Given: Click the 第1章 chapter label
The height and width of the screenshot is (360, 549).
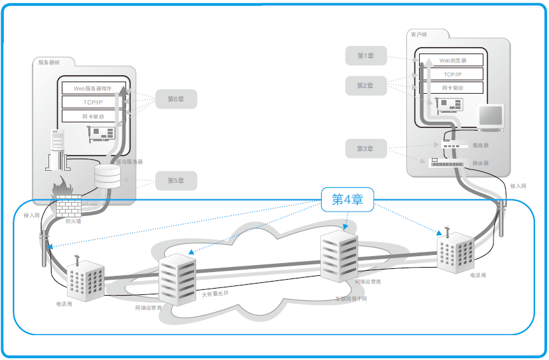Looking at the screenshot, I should pyautogui.click(x=366, y=56).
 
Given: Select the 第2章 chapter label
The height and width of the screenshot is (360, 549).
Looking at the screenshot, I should pyautogui.click(x=366, y=85).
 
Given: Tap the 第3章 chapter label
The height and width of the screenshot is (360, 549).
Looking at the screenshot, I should pyautogui.click(x=366, y=148).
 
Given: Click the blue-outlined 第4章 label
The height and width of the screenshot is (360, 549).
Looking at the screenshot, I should pyautogui.click(x=347, y=199).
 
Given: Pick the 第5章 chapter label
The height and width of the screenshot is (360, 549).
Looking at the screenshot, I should pyautogui.click(x=176, y=181).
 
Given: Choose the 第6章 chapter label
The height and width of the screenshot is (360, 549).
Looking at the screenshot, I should pyautogui.click(x=176, y=99).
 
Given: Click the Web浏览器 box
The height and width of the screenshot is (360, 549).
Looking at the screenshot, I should pyautogui.click(x=453, y=61).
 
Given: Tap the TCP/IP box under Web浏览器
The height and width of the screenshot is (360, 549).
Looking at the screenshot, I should pyautogui.click(x=453, y=75).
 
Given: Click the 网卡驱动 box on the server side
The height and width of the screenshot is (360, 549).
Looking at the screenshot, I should pyautogui.click(x=93, y=116).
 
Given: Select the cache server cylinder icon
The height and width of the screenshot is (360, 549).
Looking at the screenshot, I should pyautogui.click(x=107, y=176).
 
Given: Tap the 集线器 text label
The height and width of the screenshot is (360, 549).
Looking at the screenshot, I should pyautogui.click(x=481, y=145).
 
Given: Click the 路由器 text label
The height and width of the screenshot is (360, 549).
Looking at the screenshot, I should pyautogui.click(x=481, y=162).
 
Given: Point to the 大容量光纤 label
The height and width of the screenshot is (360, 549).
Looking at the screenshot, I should pyautogui.click(x=215, y=294).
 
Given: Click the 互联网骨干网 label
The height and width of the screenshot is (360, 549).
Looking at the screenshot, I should pyautogui.click(x=351, y=298).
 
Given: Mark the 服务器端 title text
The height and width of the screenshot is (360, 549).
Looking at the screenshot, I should pyautogui.click(x=48, y=62).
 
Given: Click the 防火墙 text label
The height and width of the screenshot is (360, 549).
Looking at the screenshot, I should pyautogui.click(x=73, y=221).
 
